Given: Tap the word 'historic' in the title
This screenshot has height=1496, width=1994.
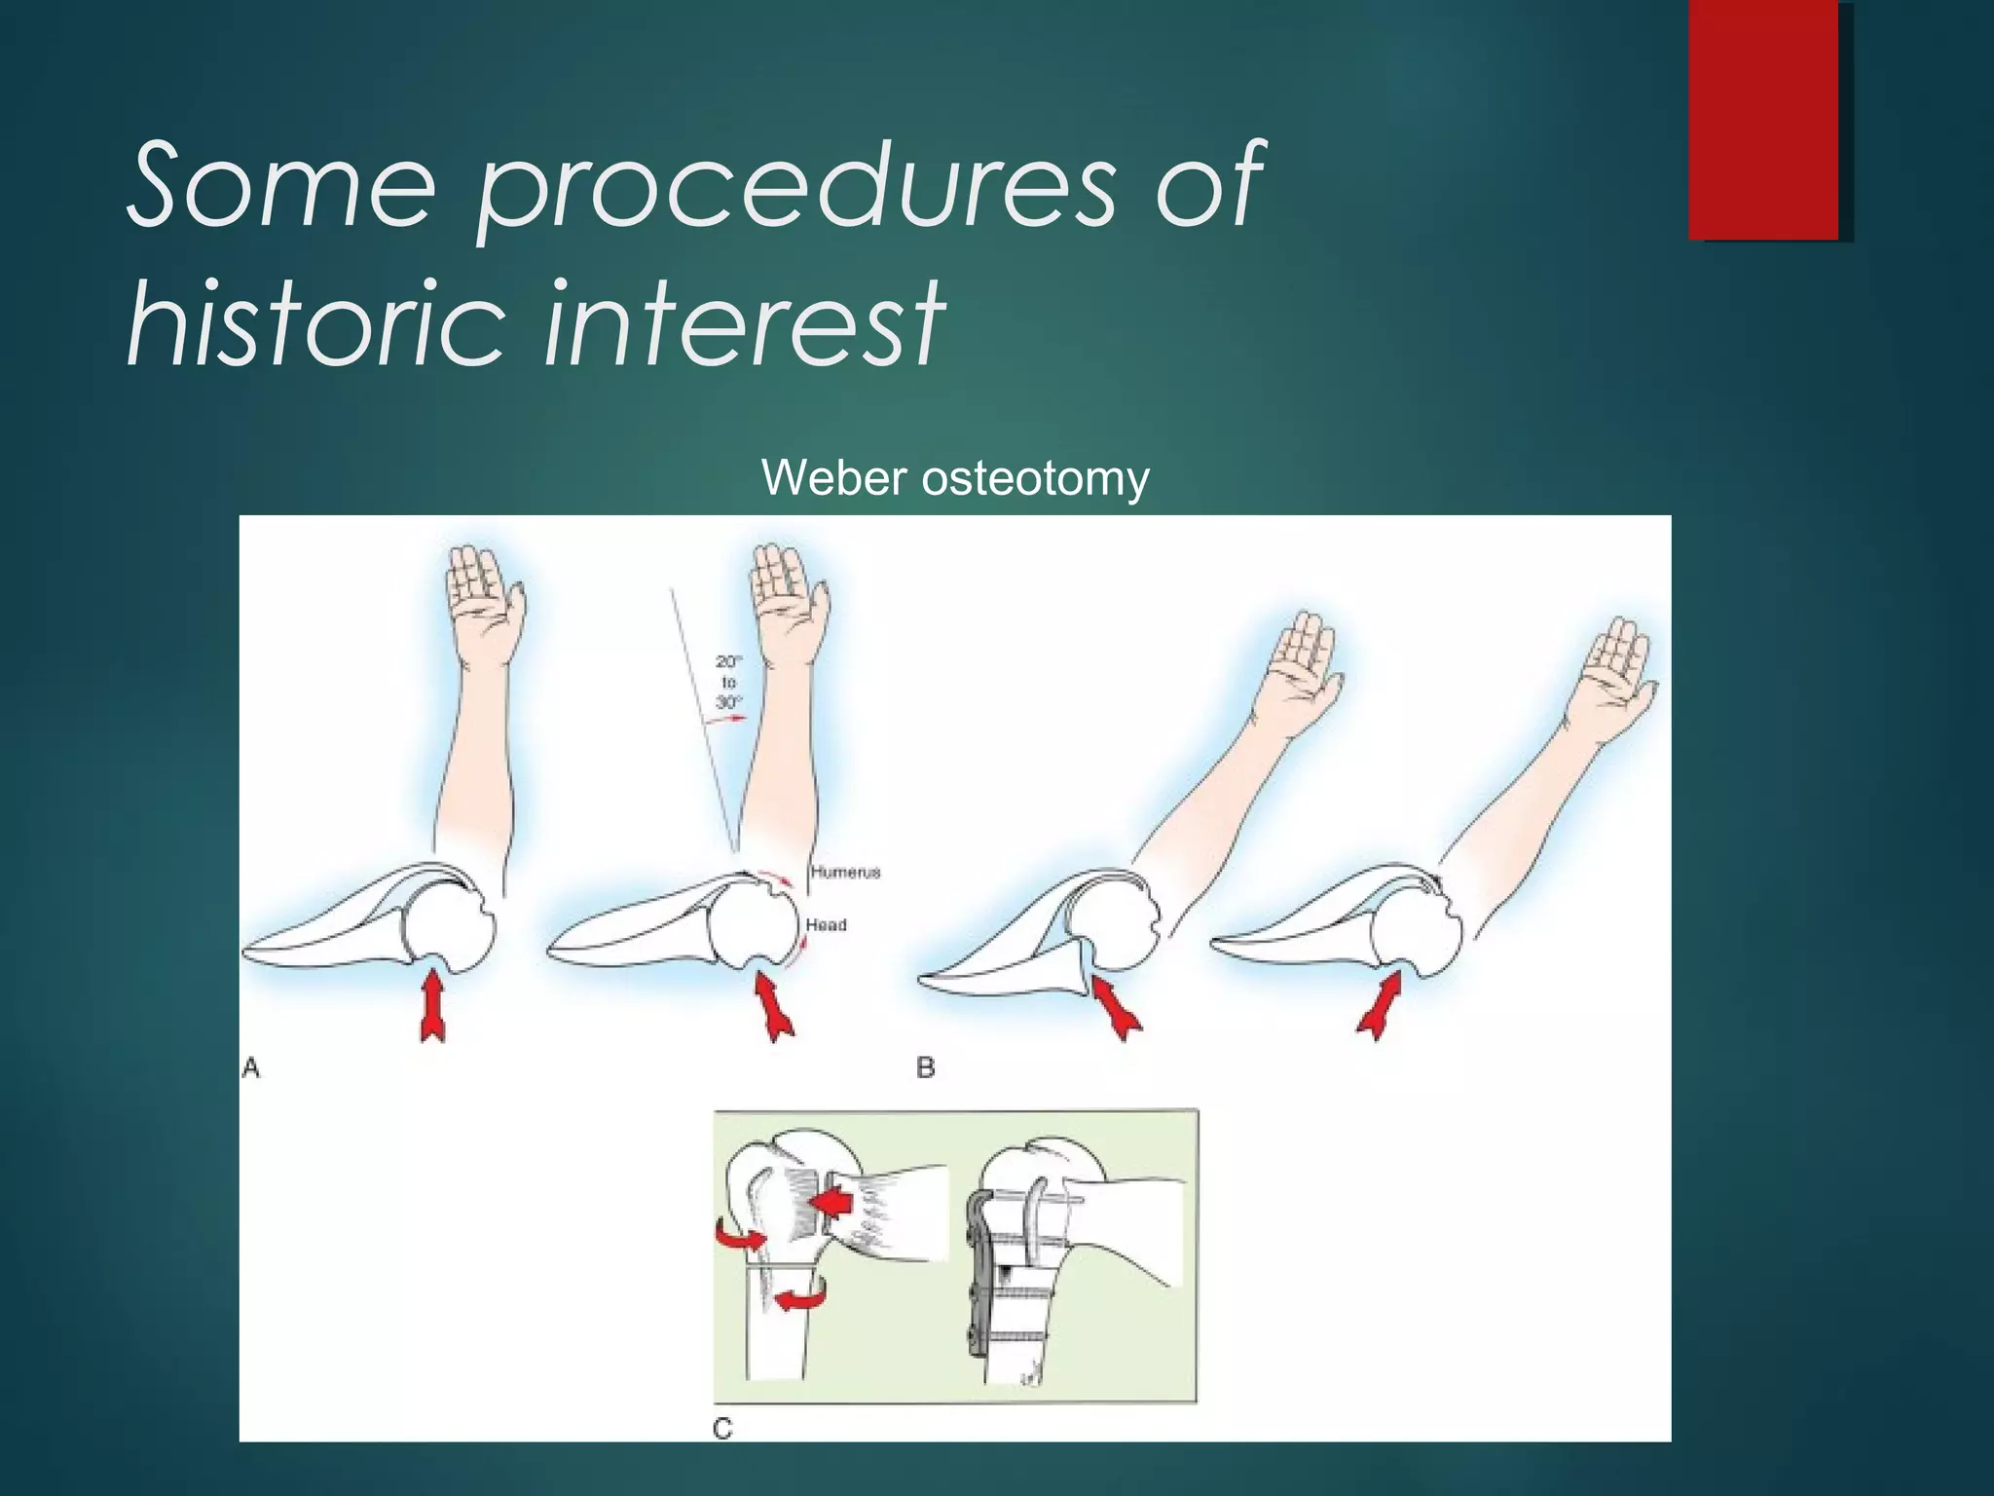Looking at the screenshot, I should point(316,321).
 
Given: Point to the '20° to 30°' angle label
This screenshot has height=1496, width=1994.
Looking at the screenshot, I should point(728,682).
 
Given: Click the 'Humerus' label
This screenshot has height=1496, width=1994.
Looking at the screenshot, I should point(845,872).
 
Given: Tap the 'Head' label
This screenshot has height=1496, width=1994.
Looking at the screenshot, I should point(826,924).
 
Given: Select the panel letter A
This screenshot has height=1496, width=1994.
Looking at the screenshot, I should point(250,1068).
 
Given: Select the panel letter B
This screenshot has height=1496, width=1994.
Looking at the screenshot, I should point(925,1068).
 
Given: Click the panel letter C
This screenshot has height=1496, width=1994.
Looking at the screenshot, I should point(722,1429).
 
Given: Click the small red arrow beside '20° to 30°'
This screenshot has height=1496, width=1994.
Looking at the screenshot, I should point(725,719).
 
